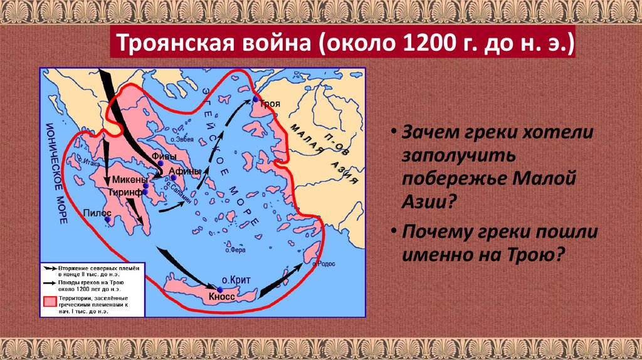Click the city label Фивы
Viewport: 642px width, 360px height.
pos(164,157)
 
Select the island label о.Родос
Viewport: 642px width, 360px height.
pos(327,263)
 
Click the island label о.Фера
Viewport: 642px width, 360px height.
pos(234,250)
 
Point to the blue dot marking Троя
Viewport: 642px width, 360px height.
pos(256,99)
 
